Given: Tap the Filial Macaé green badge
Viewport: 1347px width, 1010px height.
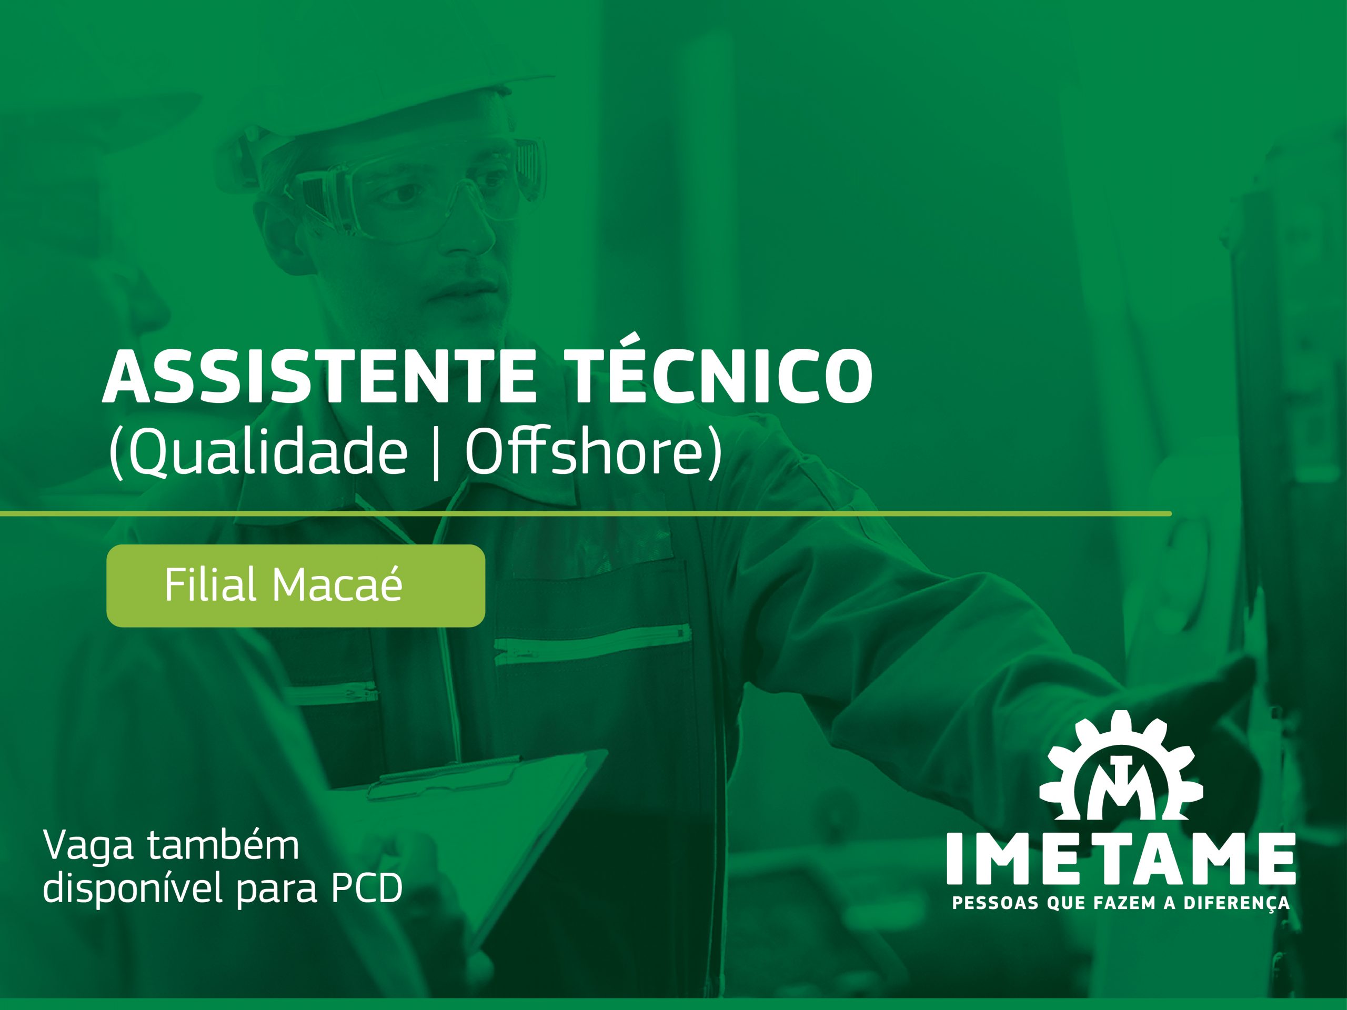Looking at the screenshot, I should click(x=295, y=585).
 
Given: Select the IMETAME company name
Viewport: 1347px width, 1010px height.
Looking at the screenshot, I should click(x=1120, y=858).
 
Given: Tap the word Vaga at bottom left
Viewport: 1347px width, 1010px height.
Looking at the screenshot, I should click(x=88, y=846).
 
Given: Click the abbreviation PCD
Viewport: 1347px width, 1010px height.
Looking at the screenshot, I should click(x=367, y=889).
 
